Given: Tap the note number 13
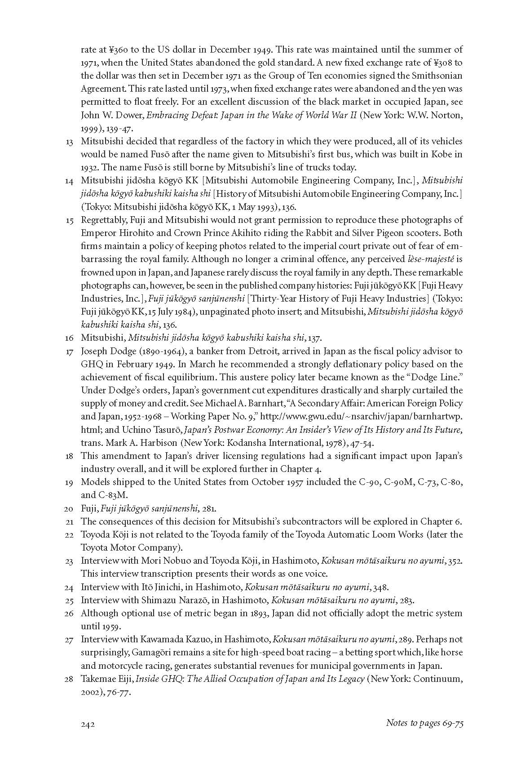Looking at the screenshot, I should click(69, 142).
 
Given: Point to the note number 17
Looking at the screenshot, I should click(69, 351).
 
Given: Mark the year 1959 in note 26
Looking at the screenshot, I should click(106, 626).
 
